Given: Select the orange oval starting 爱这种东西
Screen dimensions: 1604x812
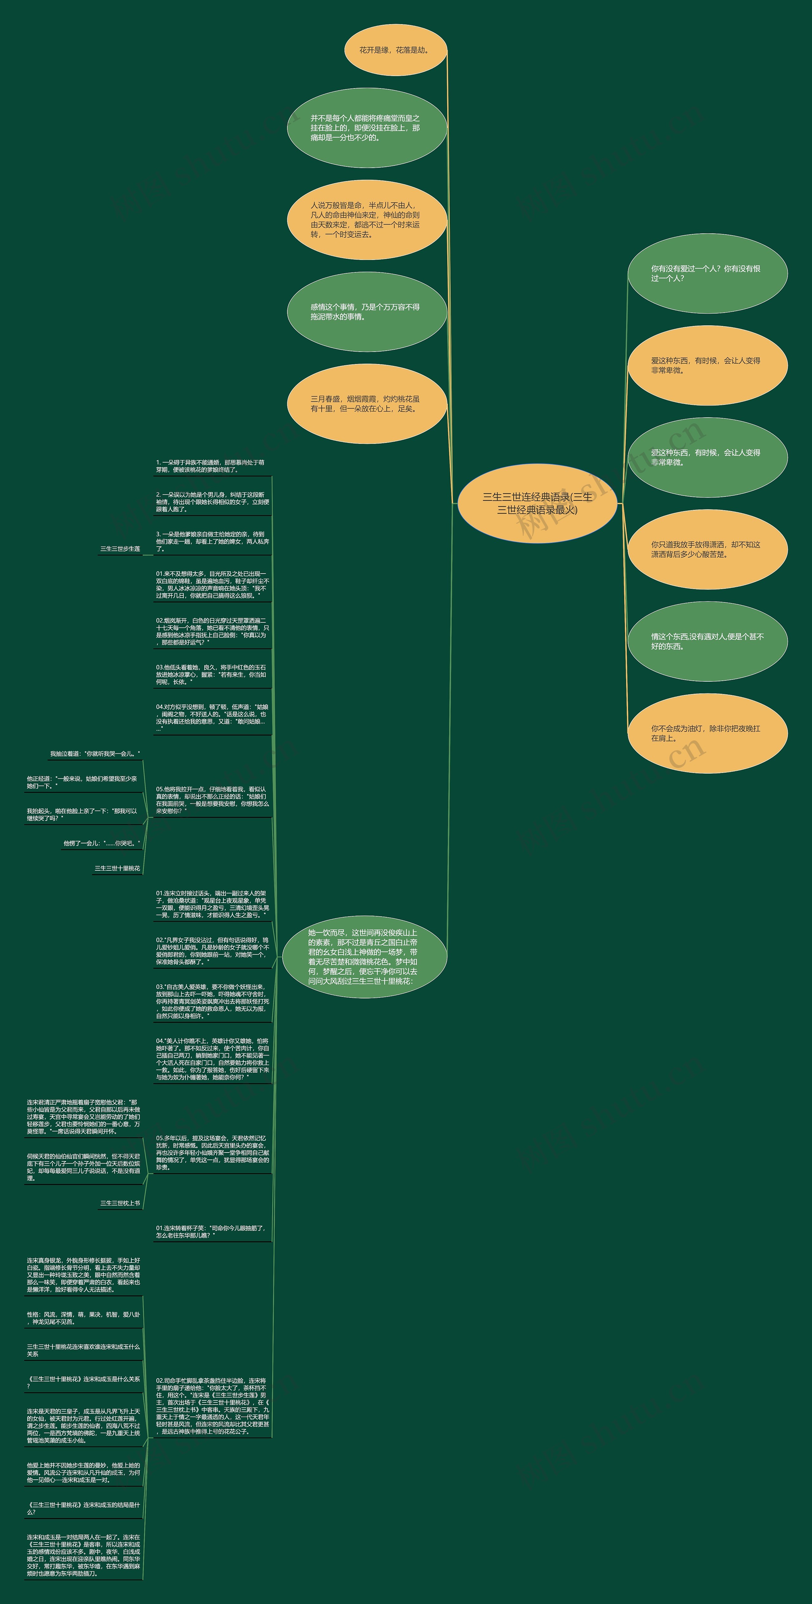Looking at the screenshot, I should pyautogui.click(x=707, y=366).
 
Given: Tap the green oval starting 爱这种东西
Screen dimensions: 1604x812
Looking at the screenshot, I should pyautogui.click(x=707, y=458).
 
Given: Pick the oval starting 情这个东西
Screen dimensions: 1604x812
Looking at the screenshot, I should pyautogui.click(x=707, y=641).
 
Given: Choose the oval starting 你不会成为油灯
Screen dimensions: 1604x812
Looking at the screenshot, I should pyautogui.click(x=707, y=733).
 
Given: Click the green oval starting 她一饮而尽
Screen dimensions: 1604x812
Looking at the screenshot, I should pyautogui.click(x=364, y=957).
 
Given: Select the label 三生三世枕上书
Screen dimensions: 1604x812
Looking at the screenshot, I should pyautogui.click(x=120, y=1203).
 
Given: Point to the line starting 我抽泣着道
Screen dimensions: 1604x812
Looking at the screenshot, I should pyautogui.click(x=95, y=754).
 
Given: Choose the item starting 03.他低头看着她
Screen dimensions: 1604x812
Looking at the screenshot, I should pyautogui.click(x=211, y=674).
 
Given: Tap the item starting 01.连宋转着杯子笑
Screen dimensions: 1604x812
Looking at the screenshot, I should pyautogui.click(x=211, y=1232).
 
